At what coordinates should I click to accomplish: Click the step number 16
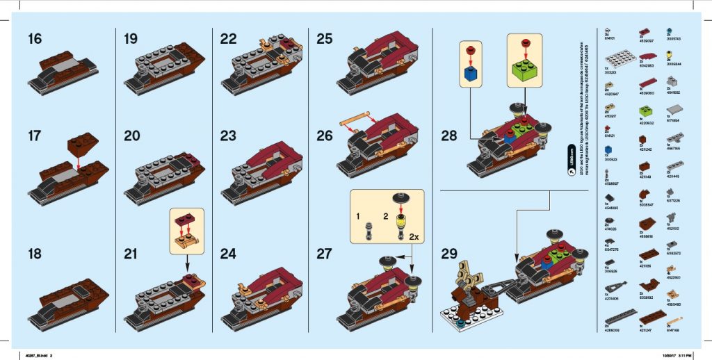(x=34, y=39)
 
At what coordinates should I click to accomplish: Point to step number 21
(x=131, y=254)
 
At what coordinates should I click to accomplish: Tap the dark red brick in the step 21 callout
(x=187, y=222)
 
